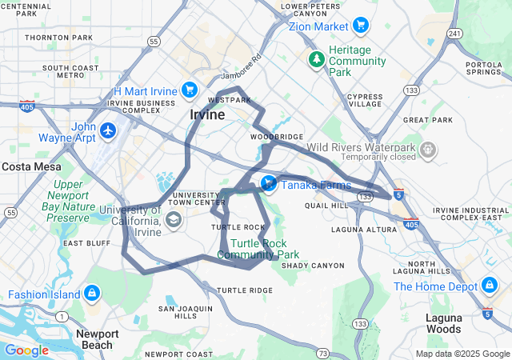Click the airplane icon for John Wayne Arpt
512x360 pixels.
pos(108,130)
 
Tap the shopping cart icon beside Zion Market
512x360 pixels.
pos(360,26)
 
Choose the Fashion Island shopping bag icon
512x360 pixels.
pos(91,294)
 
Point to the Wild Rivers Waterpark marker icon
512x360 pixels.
pos(429,149)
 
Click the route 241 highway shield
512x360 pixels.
pos(454,33)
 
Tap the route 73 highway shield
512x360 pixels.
pos(322,352)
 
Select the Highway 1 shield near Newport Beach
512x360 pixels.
pos(61,318)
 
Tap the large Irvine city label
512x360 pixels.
pos(207,115)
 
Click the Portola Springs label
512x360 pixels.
pos(483,68)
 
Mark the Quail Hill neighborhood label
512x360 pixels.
pos(326,205)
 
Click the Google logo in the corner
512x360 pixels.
pos(26,350)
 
